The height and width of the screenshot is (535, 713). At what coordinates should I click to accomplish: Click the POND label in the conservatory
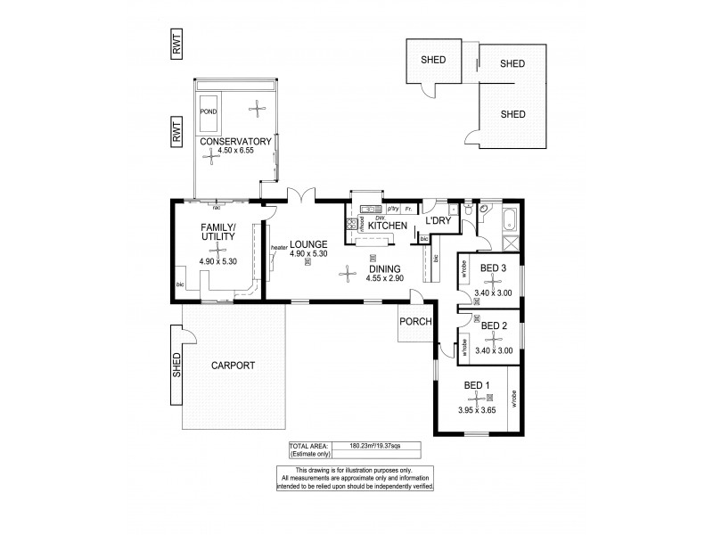point(209,112)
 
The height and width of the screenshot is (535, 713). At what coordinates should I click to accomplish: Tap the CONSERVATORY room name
point(235,142)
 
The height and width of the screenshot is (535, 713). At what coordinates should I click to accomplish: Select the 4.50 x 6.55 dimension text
point(235,152)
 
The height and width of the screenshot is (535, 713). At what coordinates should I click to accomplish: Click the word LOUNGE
point(308,243)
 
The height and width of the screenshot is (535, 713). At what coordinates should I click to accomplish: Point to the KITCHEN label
point(387,226)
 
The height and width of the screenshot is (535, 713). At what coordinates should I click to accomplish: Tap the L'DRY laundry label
point(439,221)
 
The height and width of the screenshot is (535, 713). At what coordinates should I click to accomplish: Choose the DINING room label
point(384,267)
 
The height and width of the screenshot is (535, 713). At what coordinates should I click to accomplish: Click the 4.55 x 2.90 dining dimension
point(384,277)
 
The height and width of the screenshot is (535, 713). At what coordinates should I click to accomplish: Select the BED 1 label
point(478,385)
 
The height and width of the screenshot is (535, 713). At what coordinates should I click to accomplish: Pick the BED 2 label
point(494,326)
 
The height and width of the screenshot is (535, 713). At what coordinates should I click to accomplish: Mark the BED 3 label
point(494,267)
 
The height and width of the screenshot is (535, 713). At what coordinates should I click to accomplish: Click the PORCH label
point(415,322)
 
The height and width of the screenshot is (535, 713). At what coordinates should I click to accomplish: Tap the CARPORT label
point(233,366)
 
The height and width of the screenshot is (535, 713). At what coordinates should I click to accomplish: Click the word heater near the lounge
point(278,248)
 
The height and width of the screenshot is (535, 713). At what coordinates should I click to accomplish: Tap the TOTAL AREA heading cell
point(308,445)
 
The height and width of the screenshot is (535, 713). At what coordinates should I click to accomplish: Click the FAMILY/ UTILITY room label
point(217,235)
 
